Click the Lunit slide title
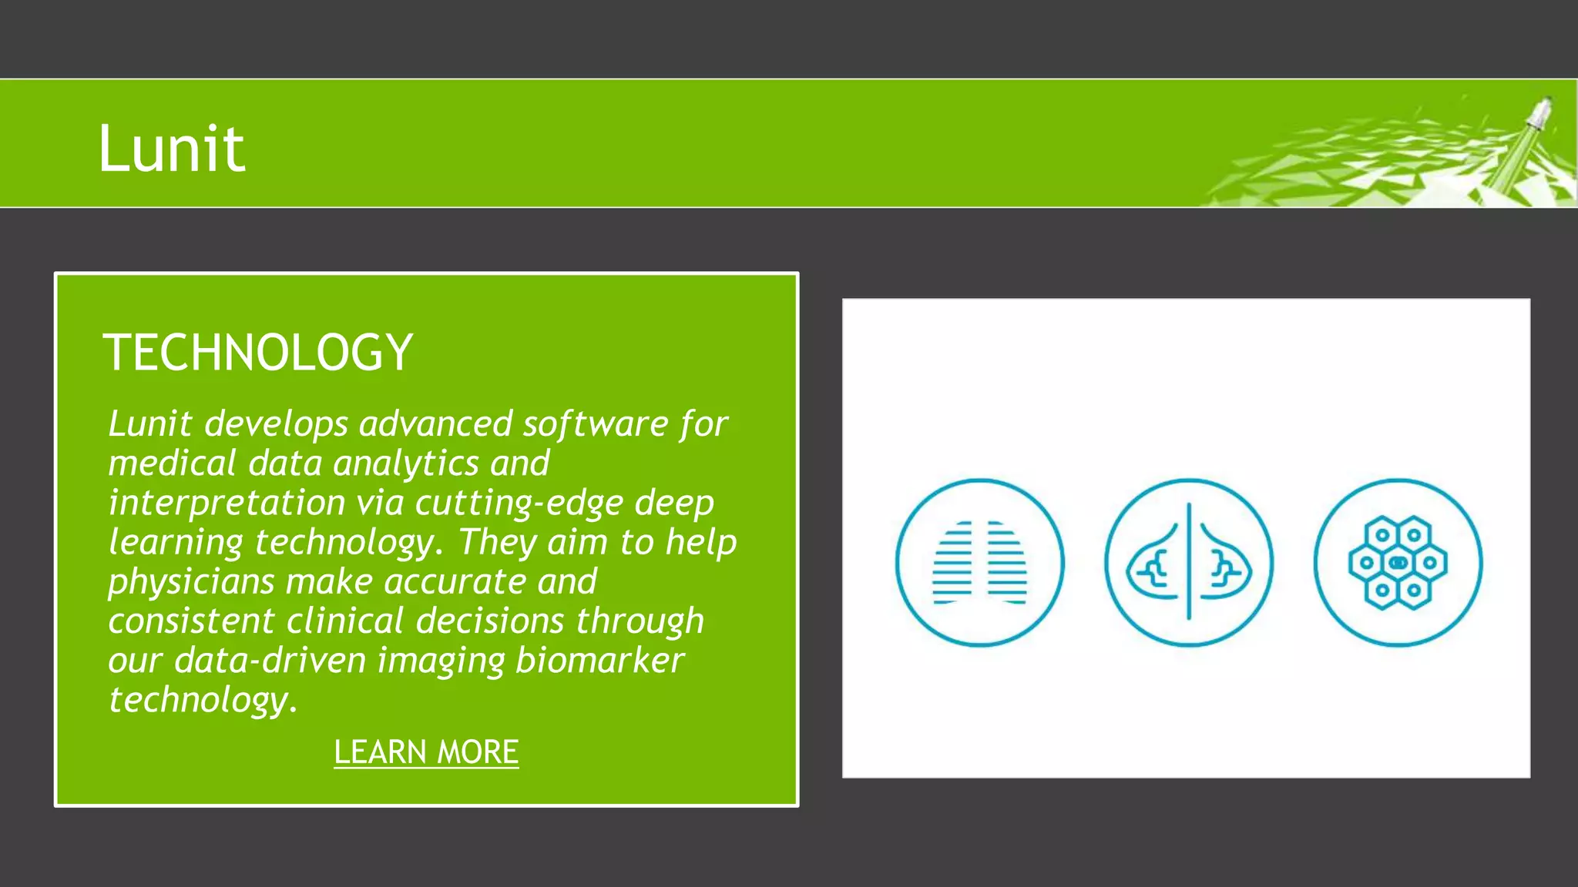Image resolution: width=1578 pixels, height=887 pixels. pos(171,148)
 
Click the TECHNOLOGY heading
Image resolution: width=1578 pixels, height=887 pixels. pos(258,353)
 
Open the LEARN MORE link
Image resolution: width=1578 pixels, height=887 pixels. pos(426,751)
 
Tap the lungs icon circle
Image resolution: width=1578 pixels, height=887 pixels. pos(979,563)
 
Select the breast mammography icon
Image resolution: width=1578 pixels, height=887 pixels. pos(1189,563)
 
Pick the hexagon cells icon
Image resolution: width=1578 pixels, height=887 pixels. pos(1398,563)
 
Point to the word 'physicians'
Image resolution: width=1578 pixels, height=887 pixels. pos(191,581)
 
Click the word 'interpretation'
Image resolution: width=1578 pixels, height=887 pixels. pos(227,503)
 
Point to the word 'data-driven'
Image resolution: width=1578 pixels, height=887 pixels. pos(270,661)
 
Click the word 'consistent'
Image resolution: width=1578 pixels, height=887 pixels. pos(191,621)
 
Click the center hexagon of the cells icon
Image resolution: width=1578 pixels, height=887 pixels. pos(1398,563)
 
